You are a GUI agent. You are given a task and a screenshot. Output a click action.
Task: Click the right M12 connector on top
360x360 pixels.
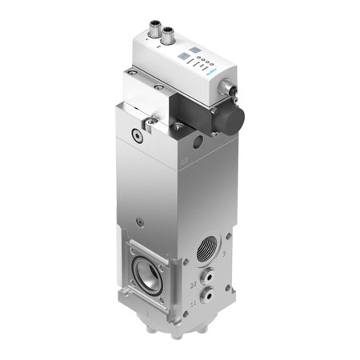[x=168, y=35]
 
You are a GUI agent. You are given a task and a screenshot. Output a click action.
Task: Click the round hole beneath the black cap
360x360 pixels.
[x=197, y=144]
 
